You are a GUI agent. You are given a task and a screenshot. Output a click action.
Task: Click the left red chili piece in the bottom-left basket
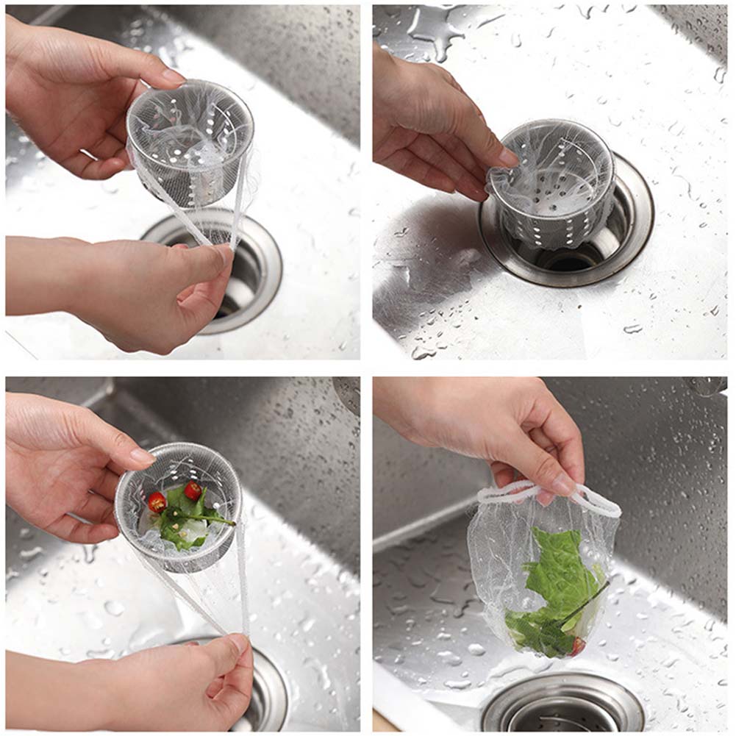[x=157, y=502]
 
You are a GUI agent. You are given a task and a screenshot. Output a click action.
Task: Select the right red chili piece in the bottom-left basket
[x=193, y=490]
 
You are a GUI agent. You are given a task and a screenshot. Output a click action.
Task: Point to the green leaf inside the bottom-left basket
[x=180, y=518]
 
